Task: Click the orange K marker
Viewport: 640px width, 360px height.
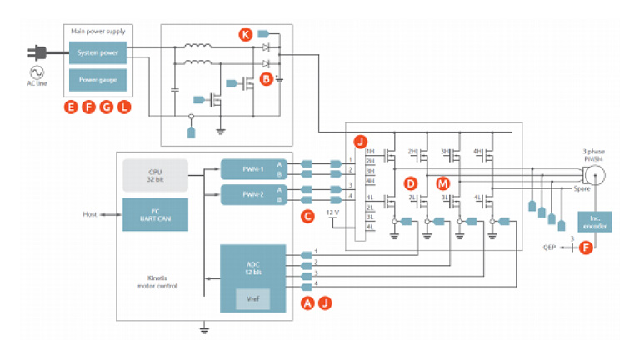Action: (x=245, y=34)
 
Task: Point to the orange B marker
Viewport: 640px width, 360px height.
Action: (x=266, y=79)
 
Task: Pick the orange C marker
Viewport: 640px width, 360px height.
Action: (x=307, y=216)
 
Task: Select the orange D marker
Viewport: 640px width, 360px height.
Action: (x=409, y=182)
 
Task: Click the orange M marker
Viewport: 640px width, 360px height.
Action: (x=442, y=182)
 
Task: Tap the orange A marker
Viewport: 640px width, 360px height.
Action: (x=307, y=303)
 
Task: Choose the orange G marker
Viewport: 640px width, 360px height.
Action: (x=106, y=107)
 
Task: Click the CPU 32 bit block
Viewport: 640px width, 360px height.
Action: (x=155, y=175)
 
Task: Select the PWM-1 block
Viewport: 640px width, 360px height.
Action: (x=252, y=168)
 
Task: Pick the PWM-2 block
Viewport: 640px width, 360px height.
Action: (x=252, y=195)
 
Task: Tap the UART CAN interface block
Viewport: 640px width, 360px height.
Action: (x=155, y=214)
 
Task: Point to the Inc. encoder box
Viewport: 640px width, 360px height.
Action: (x=594, y=222)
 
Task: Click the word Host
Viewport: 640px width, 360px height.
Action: (x=90, y=214)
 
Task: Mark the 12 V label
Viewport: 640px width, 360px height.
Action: (x=333, y=213)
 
